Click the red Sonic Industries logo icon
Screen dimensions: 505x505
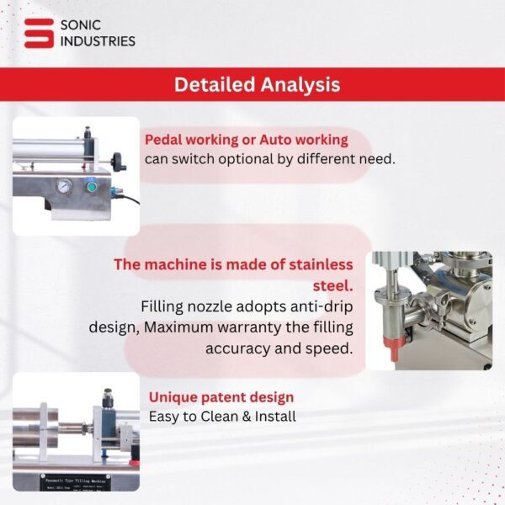tap(37, 32)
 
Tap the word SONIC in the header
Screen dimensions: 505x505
tap(82, 24)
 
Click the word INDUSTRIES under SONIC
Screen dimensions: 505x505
tap(97, 40)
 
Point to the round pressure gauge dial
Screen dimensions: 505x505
tap(65, 186)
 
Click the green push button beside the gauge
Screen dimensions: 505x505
tap(92, 186)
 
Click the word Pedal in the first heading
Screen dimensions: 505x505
tap(166, 140)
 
